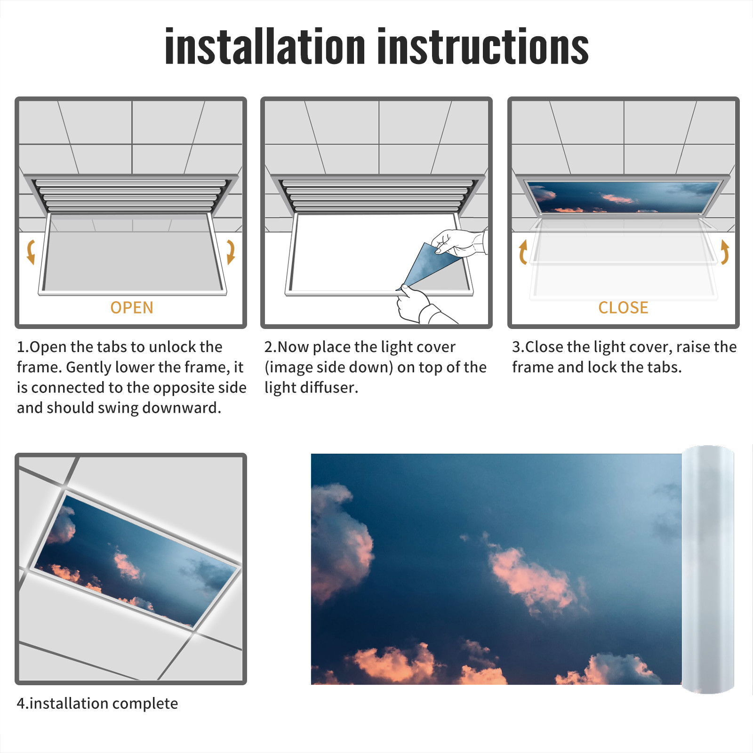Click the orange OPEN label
tap(132, 308)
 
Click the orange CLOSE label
tap(623, 308)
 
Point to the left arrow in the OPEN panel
tap(31, 252)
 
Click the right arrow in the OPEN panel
tap(231, 252)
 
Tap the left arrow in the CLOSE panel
tap(523, 252)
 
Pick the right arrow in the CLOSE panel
tap(725, 252)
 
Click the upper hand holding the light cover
tap(459, 243)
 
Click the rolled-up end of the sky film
tap(708, 569)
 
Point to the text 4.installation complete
tap(97, 703)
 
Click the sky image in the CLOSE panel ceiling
tap(623, 197)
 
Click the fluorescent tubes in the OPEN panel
tap(131, 196)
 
